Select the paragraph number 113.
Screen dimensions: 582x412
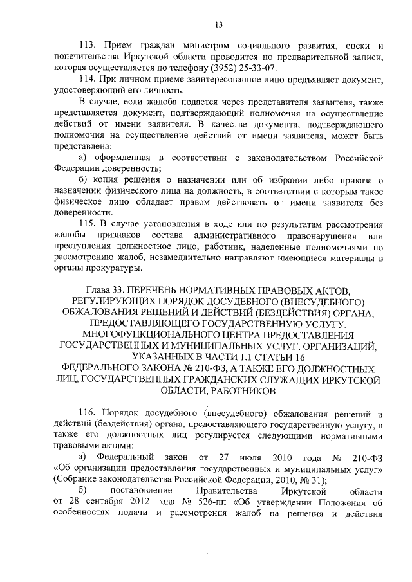click(x=88, y=46)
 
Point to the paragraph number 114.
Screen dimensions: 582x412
click(x=88, y=78)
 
